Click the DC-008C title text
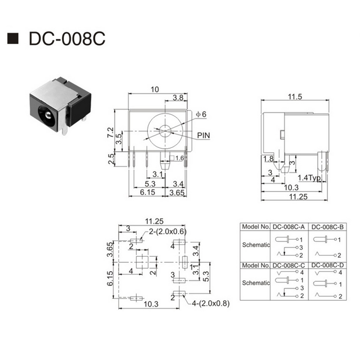(x=67, y=38)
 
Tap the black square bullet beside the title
(x=13, y=38)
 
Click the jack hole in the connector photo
(x=47, y=115)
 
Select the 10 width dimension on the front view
(x=155, y=89)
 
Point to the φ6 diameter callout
(x=201, y=114)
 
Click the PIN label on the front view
(x=204, y=135)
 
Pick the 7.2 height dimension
(x=110, y=132)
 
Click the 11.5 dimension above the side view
(x=295, y=96)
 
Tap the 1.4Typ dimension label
(x=309, y=178)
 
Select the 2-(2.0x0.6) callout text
(x=168, y=231)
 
